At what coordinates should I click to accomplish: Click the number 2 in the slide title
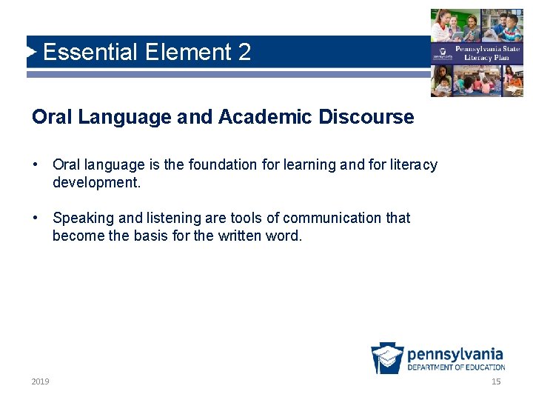pyautogui.click(x=244, y=53)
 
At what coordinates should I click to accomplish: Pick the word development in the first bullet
pyautogui.click(x=95, y=181)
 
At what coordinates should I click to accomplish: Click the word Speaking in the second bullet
pyautogui.click(x=81, y=218)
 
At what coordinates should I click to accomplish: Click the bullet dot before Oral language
pyautogui.click(x=36, y=164)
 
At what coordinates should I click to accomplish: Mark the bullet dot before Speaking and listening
pyautogui.click(x=36, y=218)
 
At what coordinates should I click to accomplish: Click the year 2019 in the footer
pyautogui.click(x=40, y=381)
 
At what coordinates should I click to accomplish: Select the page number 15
pyautogui.click(x=496, y=381)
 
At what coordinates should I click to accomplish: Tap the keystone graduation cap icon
pyautogui.click(x=387, y=359)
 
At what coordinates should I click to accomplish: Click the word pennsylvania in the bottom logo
pyautogui.click(x=455, y=354)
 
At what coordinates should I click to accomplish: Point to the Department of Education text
pyautogui.click(x=456, y=367)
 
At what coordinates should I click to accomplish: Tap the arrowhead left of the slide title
pyautogui.click(x=31, y=52)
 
